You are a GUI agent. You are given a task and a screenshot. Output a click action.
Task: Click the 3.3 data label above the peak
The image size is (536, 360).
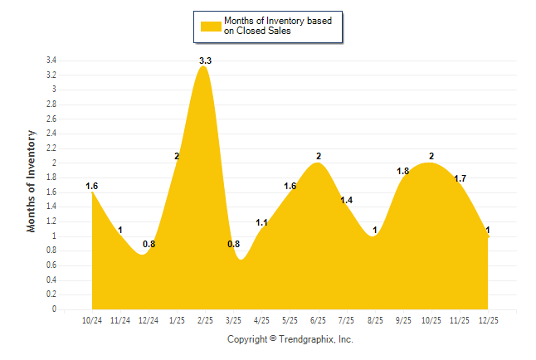205,61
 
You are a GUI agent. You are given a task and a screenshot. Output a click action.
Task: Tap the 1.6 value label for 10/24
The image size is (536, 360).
92,186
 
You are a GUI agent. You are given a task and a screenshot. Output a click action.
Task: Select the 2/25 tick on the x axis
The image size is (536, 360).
205,320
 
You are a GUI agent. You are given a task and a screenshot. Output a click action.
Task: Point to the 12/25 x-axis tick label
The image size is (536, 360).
488,320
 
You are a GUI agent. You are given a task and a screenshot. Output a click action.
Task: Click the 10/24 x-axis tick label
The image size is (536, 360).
92,320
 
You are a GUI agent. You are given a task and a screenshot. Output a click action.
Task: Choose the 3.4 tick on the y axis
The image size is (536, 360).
51,61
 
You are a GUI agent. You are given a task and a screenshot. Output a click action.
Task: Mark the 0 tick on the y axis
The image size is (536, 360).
54,309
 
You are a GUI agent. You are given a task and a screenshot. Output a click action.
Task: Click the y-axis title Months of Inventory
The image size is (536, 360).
32,181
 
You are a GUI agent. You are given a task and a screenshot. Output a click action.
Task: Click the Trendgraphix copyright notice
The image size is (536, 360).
290,339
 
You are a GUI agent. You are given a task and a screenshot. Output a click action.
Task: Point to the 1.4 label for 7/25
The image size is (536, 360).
347,200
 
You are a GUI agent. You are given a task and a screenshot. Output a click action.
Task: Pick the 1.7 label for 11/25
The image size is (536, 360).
460,178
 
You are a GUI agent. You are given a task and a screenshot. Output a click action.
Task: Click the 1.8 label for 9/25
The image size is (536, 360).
403,171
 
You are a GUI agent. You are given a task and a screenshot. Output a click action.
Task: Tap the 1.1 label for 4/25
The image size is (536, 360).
261,222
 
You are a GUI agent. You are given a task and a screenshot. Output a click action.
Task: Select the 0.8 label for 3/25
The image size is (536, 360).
233,244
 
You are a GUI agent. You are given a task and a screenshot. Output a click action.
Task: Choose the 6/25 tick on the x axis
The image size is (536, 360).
318,320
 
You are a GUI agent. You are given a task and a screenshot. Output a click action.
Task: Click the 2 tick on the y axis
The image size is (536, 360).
54,163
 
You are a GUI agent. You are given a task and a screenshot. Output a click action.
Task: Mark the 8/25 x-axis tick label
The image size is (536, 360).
375,320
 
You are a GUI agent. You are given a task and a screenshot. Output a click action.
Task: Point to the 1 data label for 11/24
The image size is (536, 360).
120,230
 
